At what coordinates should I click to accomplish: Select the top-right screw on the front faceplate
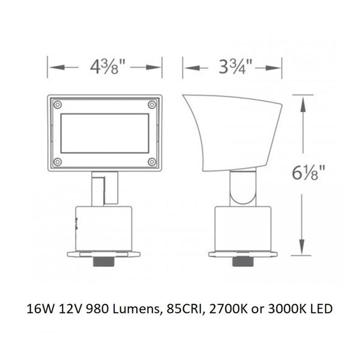(x=151, y=105)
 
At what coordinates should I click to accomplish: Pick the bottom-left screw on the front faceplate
(x=57, y=162)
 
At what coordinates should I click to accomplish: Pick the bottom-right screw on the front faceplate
(x=151, y=162)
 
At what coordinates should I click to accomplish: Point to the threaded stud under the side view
(x=243, y=262)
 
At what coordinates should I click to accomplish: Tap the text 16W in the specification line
(x=39, y=309)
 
